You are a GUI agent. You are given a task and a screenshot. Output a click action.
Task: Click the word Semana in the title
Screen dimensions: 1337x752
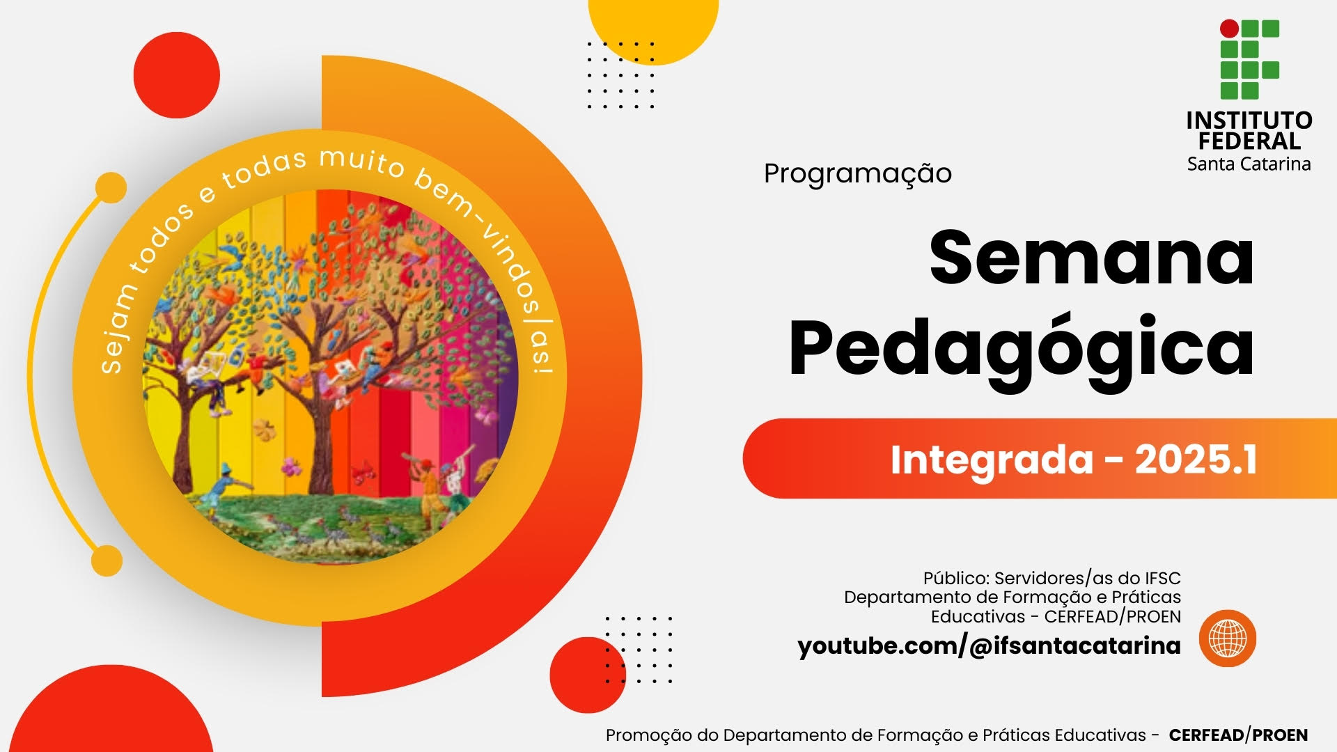coord(1091,258)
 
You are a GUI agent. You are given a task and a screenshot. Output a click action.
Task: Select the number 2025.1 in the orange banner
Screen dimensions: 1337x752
coord(1196,460)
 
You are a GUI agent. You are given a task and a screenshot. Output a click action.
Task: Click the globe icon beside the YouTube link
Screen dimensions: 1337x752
coord(1228,639)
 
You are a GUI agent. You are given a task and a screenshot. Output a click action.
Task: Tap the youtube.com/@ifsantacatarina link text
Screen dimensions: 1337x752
coord(989,646)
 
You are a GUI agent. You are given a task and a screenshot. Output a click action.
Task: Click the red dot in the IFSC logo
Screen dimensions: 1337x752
coord(1230,29)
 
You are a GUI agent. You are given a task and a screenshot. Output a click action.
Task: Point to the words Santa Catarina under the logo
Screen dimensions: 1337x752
coord(1249,164)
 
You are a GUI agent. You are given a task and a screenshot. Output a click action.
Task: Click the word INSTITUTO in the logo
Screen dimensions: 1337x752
coord(1249,120)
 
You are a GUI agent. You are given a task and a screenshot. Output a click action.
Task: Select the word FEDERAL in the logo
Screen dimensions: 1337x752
coord(1249,141)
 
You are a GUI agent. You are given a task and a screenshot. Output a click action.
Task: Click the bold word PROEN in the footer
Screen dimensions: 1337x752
coord(1280,735)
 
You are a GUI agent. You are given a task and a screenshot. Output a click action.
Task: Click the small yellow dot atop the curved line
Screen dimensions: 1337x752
coord(111,188)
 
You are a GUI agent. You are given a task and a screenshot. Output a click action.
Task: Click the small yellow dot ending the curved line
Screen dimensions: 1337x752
coord(107,561)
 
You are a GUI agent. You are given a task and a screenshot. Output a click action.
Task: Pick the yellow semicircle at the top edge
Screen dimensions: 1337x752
coord(653,28)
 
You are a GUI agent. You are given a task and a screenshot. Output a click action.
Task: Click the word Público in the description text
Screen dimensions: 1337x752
coord(956,579)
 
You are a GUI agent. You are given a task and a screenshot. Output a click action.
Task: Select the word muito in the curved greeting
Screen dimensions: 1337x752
coord(361,162)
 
